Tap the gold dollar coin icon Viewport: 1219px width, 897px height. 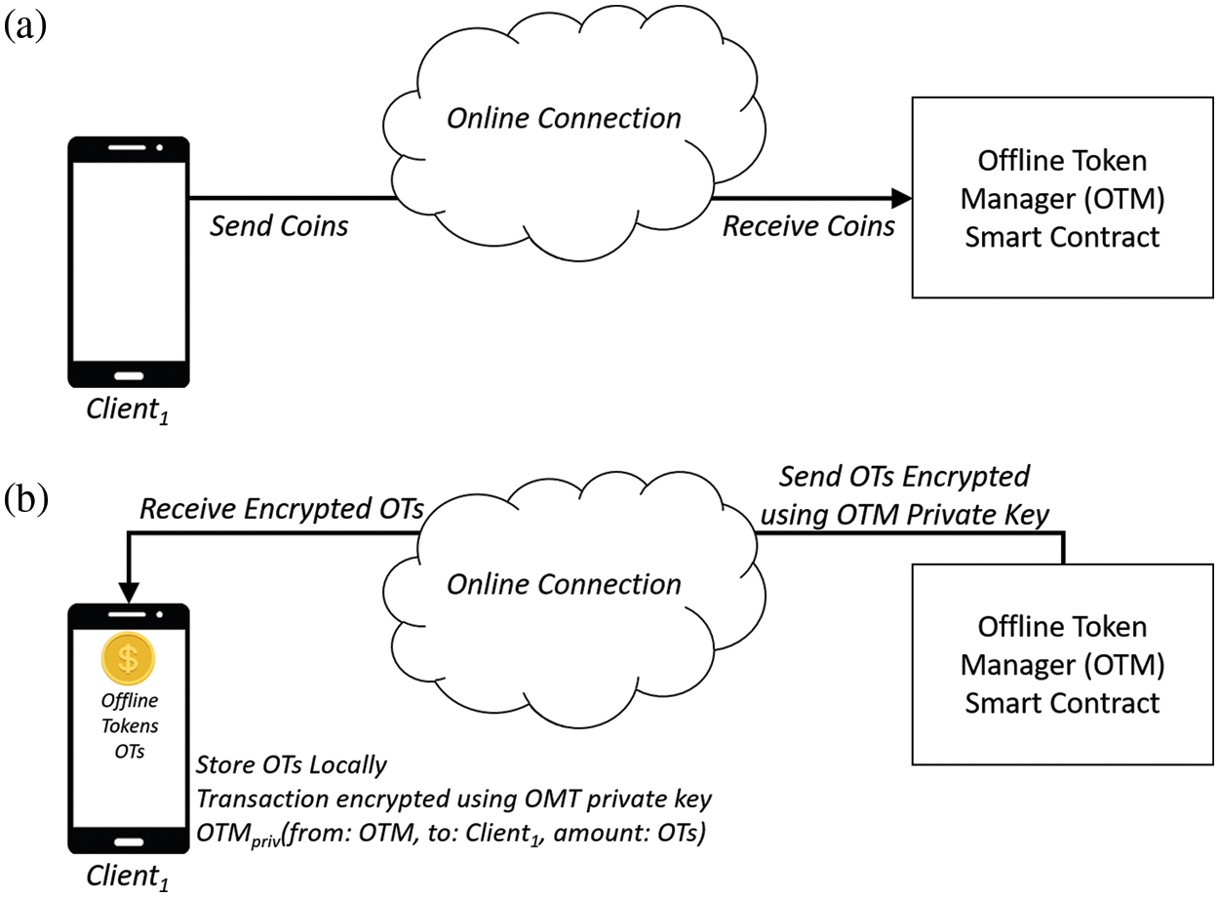pyautogui.click(x=128, y=658)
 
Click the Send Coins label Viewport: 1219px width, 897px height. pyautogui.click(x=280, y=226)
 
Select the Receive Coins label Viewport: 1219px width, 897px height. pyautogui.click(x=808, y=226)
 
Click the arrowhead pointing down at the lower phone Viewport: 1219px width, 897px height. pyautogui.click(x=128, y=592)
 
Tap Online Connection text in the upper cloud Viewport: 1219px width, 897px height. pyautogui.click(x=564, y=118)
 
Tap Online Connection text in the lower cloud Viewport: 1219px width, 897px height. pyautogui.click(x=564, y=584)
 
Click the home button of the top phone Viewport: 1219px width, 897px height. pyautogui.click(x=128, y=375)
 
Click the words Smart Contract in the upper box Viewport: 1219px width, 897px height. pyautogui.click(x=1062, y=236)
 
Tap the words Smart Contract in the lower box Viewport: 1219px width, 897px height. pyautogui.click(x=1062, y=702)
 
